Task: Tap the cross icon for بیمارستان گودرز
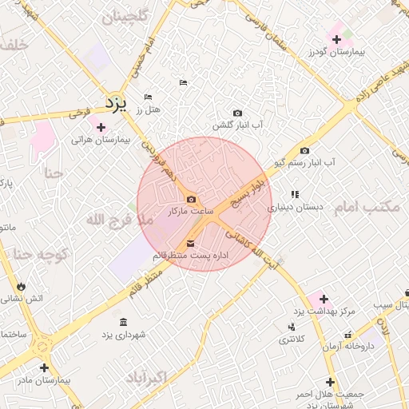coord(336,39)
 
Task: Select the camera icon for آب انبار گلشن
coord(237,113)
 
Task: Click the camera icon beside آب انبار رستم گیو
coord(304,150)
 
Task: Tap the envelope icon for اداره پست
coord(190,243)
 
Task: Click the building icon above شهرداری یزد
coord(122,322)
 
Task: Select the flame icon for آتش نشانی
coord(21,286)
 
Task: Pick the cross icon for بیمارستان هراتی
coord(100,127)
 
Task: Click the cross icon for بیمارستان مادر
coord(43,368)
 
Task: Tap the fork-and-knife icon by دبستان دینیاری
coord(295,194)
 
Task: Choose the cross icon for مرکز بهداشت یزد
coord(324,299)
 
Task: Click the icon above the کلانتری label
coord(291,327)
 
